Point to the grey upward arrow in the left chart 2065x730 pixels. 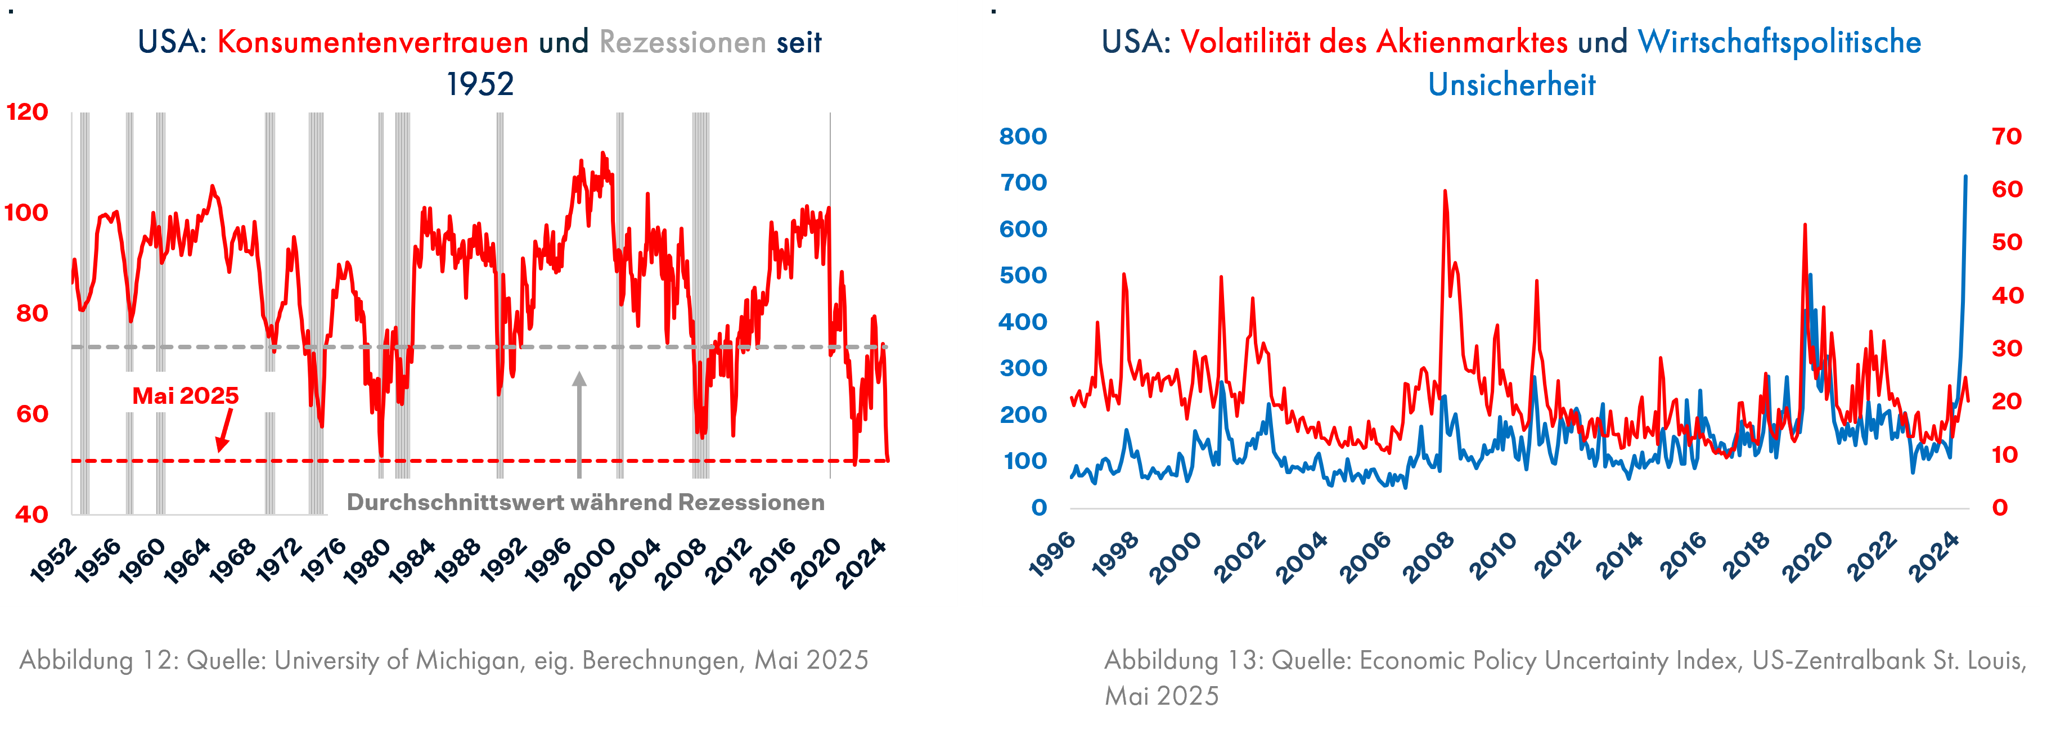point(579,417)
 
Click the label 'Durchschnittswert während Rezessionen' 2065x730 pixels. point(585,502)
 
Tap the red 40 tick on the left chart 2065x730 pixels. point(32,515)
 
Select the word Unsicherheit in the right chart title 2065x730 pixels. point(1512,85)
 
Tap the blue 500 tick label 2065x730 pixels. point(1023,276)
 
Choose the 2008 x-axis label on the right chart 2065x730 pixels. point(1428,556)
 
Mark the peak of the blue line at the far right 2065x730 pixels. point(1965,176)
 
